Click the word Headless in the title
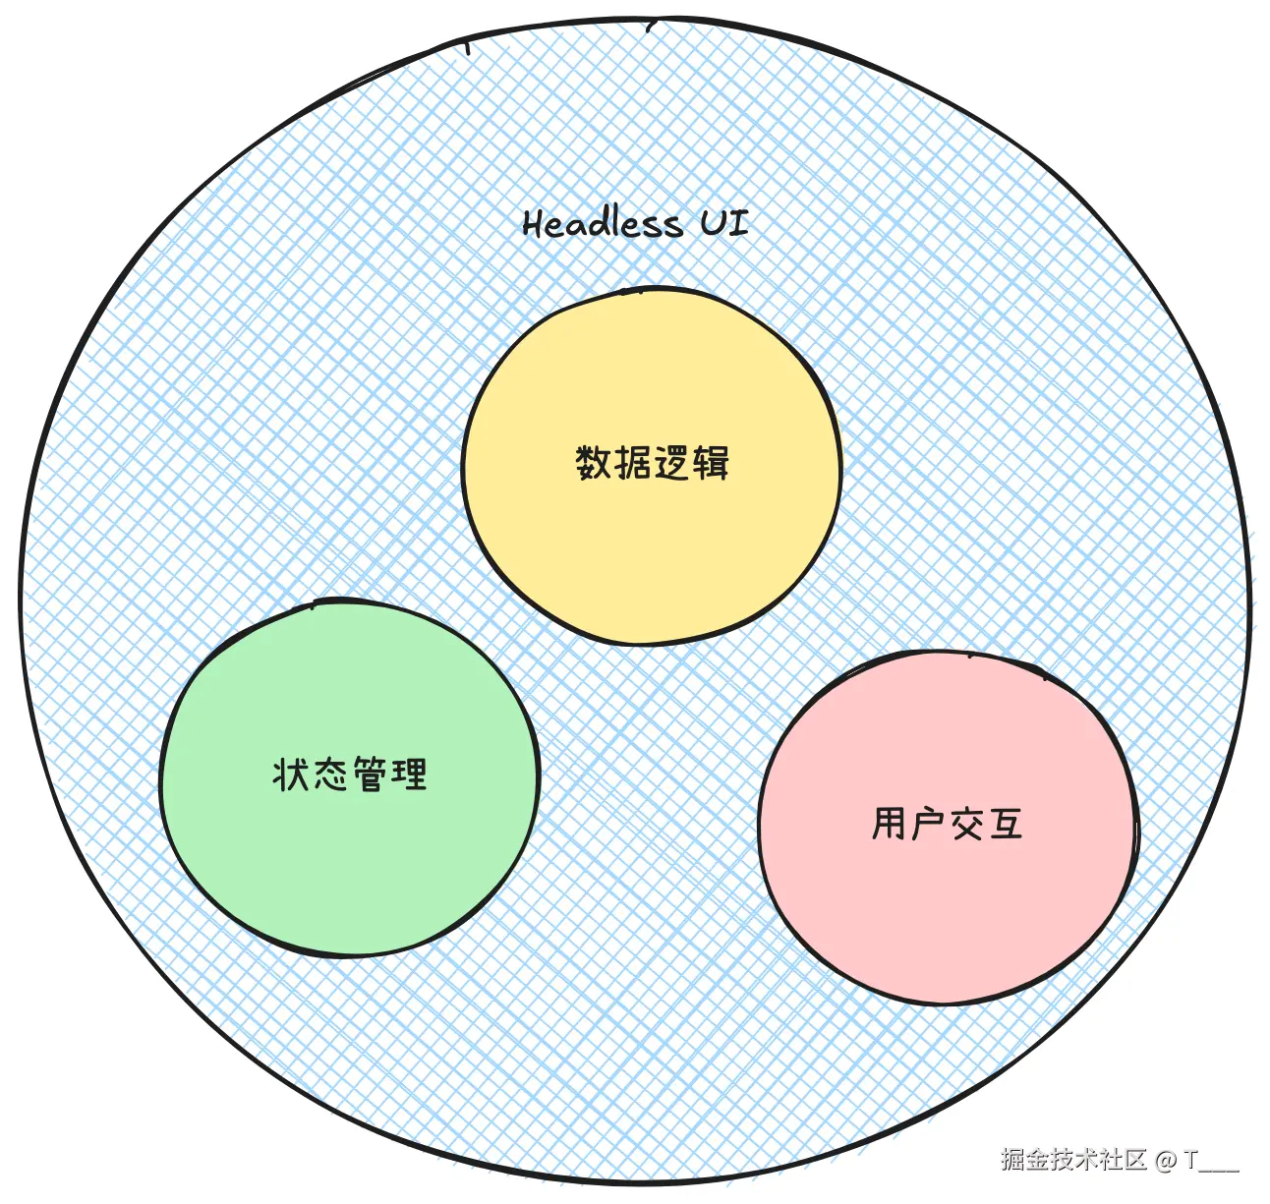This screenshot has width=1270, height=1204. coord(602,224)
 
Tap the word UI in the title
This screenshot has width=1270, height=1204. coord(723,223)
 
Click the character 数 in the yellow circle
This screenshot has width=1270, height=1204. coord(594,462)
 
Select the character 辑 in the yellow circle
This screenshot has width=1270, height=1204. coord(710,462)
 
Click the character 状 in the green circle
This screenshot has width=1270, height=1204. coord(291,774)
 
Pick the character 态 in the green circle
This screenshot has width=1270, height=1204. coord(330,774)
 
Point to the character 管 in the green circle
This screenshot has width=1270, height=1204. coord(370,774)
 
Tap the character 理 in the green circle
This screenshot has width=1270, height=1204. coord(408,774)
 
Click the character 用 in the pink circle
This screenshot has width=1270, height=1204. coord(889,824)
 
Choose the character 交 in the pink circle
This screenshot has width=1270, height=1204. coord(966,824)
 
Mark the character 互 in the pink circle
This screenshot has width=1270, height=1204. coord(1006,824)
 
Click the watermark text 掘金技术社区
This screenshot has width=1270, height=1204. coord(1073,1160)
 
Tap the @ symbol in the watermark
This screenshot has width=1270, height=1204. coord(1166,1161)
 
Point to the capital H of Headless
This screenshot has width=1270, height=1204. coord(533,224)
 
